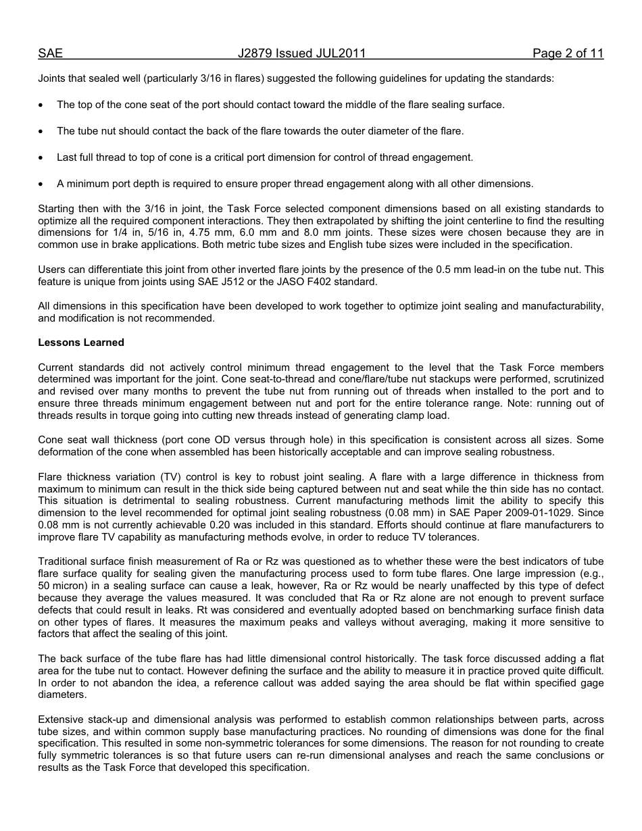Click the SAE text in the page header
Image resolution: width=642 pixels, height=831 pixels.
pos(50,53)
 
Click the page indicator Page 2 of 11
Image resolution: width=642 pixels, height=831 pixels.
pos(568,53)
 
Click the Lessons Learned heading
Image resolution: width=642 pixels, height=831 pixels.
pos(81,343)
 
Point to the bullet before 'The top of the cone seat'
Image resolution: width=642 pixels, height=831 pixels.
pos(42,105)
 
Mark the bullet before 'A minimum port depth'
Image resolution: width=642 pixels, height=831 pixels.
pos(42,184)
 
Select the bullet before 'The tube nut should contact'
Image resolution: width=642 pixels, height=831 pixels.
pos(42,132)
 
